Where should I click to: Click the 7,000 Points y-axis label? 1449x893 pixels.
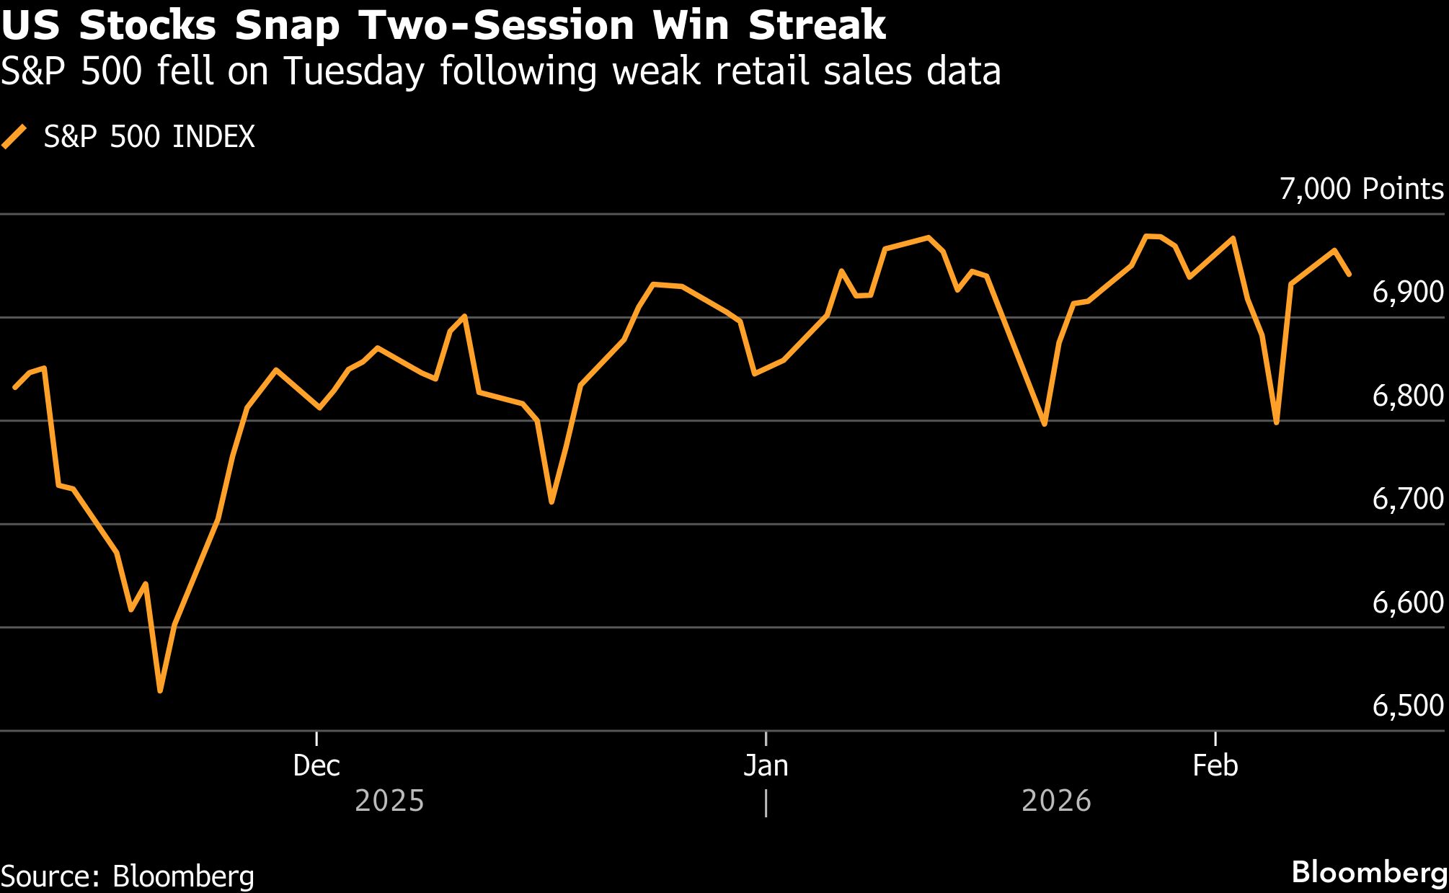pyautogui.click(x=1361, y=189)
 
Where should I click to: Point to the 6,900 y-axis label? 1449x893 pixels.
pyautogui.click(x=1407, y=292)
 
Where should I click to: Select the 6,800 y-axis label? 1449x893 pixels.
pyautogui.click(x=1407, y=396)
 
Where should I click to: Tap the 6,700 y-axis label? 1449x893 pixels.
pyautogui.click(x=1407, y=499)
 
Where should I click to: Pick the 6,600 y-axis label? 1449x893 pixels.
pyautogui.click(x=1407, y=603)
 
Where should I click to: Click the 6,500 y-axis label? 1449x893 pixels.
pyautogui.click(x=1407, y=706)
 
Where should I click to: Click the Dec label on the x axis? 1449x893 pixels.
pyautogui.click(x=316, y=765)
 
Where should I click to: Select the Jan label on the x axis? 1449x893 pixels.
pyautogui.click(x=766, y=765)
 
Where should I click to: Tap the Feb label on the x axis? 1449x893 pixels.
pyautogui.click(x=1215, y=765)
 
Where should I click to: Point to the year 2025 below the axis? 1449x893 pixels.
pyautogui.click(x=389, y=801)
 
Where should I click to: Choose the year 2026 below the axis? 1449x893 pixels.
pyautogui.click(x=1056, y=801)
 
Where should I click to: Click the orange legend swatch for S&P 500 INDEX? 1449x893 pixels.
pyautogui.click(x=14, y=136)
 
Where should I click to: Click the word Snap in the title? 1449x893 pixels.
pyautogui.click(x=287, y=26)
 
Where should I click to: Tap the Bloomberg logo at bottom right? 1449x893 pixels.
pyautogui.click(x=1369, y=872)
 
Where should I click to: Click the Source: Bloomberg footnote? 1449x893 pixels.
pyautogui.click(x=128, y=876)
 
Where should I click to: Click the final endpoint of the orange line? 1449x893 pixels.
pyautogui.click(x=1349, y=275)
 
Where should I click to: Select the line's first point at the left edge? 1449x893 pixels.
pyautogui.click(x=15, y=388)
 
